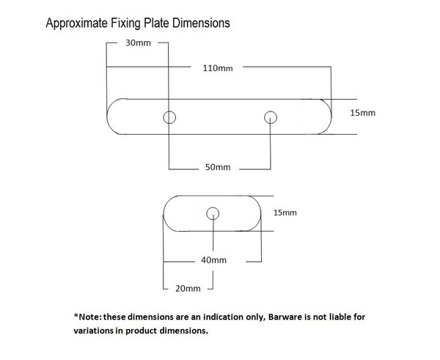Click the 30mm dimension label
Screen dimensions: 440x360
[138, 43]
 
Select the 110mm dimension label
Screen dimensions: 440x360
[218, 68]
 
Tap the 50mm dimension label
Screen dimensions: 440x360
[218, 167]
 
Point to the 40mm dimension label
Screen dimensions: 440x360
[214, 260]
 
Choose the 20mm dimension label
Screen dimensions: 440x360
[188, 288]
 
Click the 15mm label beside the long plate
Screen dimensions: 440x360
[362, 113]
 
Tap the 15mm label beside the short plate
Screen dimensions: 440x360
[285, 213]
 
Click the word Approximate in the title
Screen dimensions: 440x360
[76, 23]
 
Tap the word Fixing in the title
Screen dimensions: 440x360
[125, 23]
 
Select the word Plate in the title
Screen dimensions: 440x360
[156, 23]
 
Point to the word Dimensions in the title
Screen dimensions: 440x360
[201, 23]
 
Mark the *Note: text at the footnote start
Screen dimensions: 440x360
[87, 317]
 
